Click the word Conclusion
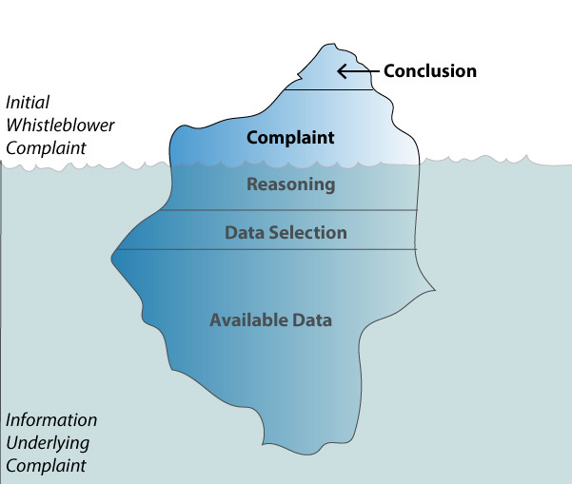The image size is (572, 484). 429,70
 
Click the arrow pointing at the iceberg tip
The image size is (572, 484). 359,71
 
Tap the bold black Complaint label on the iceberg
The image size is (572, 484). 290,138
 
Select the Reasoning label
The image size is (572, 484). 290,184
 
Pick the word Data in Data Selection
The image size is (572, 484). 242,232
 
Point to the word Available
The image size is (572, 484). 249,319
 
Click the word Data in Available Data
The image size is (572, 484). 313,319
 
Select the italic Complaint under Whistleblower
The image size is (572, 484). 45,147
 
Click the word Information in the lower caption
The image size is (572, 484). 51,419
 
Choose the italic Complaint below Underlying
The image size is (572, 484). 45,465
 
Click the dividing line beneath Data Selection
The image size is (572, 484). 266,249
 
